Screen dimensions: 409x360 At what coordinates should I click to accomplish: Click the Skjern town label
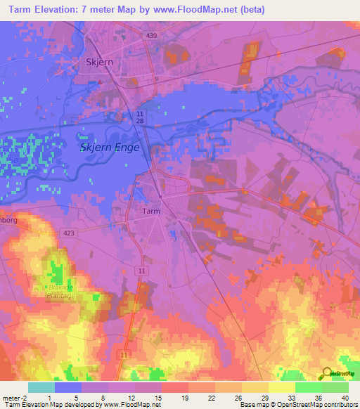pos(99,60)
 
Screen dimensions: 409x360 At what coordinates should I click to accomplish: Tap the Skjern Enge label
pos(110,148)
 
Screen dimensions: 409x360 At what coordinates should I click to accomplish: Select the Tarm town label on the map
pos(151,211)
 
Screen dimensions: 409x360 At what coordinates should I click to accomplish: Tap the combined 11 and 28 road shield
pos(140,118)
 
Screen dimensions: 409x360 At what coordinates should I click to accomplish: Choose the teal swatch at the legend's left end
pos(41,387)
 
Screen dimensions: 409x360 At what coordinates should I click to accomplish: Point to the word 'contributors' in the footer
pos(341,405)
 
